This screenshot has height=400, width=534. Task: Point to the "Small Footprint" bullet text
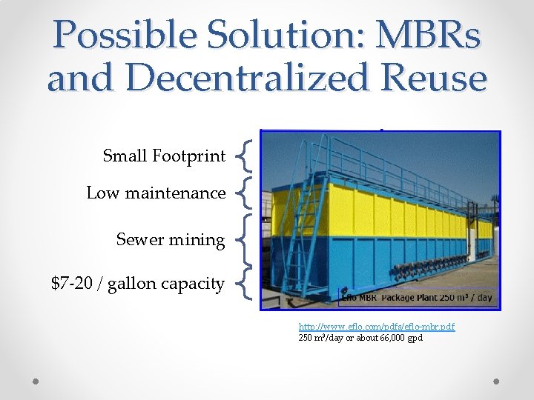(164, 156)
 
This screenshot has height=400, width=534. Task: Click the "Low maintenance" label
(156, 193)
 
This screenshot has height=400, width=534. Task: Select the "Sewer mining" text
(170, 240)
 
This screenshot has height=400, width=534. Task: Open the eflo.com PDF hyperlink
(376, 326)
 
